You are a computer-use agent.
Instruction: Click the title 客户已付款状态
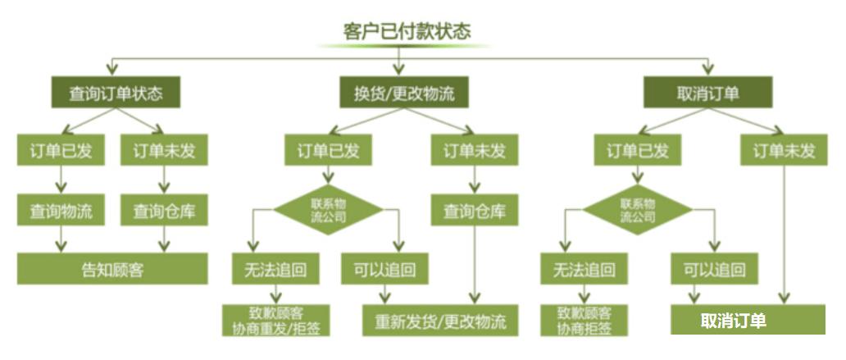pyautogui.click(x=407, y=31)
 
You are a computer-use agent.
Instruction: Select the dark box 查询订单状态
pyautogui.click(x=116, y=93)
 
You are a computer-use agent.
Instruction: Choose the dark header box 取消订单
pyautogui.click(x=707, y=93)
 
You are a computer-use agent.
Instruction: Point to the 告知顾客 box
pyautogui.click(x=113, y=268)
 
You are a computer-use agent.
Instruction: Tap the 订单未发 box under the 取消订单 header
pyautogui.click(x=785, y=151)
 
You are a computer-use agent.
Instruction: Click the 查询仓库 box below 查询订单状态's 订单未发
pyautogui.click(x=165, y=211)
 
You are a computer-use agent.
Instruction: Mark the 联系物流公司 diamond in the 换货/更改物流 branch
pyautogui.click(x=328, y=211)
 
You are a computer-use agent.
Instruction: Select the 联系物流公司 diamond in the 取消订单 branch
pyautogui.click(x=637, y=211)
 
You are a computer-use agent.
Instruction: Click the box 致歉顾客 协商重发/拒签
pyautogui.click(x=276, y=320)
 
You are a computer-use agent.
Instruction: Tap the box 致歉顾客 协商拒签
pyautogui.click(x=584, y=320)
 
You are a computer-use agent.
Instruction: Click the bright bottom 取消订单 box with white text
pyautogui.click(x=748, y=320)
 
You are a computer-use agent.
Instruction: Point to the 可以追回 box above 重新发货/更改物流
pyautogui.click(x=384, y=269)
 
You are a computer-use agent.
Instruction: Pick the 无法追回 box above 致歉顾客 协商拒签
pyautogui.click(x=584, y=269)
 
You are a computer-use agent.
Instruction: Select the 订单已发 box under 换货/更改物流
pyautogui.click(x=328, y=151)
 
